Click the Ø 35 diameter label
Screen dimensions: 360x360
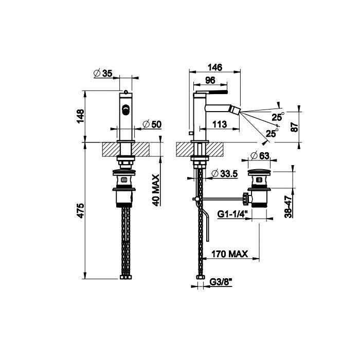pyautogui.click(x=103, y=74)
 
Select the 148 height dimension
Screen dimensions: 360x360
pyautogui.click(x=80, y=116)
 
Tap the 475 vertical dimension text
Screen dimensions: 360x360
pyautogui.click(x=80, y=210)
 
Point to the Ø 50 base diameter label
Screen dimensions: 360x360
pyautogui.click(x=152, y=124)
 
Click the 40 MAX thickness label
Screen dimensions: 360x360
pyautogui.click(x=156, y=190)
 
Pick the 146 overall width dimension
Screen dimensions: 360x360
pyautogui.click(x=215, y=67)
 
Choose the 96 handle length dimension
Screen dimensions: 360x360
pyautogui.click(x=210, y=80)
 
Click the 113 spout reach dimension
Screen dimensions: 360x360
pyautogui.click(x=220, y=124)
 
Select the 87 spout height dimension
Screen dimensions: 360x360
pyautogui.click(x=294, y=127)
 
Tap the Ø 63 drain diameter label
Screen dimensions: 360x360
pyautogui.click(x=260, y=156)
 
